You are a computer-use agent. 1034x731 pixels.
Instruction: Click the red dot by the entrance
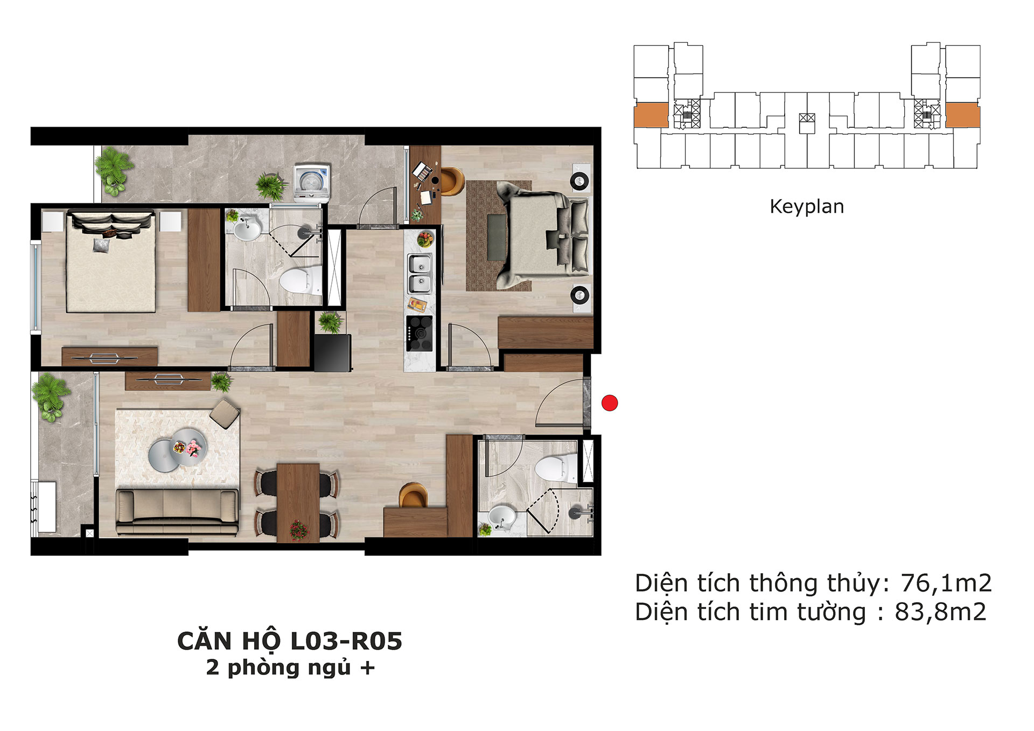(x=610, y=403)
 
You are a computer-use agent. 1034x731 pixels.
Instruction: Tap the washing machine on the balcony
(x=311, y=183)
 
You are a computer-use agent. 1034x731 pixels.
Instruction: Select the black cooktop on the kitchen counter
(x=419, y=333)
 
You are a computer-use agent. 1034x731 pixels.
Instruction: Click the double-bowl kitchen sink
(x=419, y=274)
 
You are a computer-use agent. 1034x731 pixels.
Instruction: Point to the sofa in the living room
(x=177, y=512)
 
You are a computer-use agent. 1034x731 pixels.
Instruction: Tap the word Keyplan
(x=807, y=207)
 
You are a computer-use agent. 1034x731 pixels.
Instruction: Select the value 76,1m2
(x=946, y=583)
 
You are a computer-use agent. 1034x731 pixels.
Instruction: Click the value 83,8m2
(x=940, y=612)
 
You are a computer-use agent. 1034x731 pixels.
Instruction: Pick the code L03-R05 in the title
(x=346, y=641)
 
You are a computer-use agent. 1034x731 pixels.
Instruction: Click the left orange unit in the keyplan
(x=651, y=115)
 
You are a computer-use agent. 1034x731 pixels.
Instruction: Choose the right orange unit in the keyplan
(x=963, y=115)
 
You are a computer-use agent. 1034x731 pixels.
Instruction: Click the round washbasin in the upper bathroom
(x=247, y=229)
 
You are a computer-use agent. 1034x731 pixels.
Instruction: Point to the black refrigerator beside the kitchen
(x=333, y=353)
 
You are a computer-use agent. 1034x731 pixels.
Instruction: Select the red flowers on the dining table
(x=298, y=530)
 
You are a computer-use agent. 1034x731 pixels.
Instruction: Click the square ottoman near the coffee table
(x=225, y=414)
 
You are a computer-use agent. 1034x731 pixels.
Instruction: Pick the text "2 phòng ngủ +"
(x=290, y=668)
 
